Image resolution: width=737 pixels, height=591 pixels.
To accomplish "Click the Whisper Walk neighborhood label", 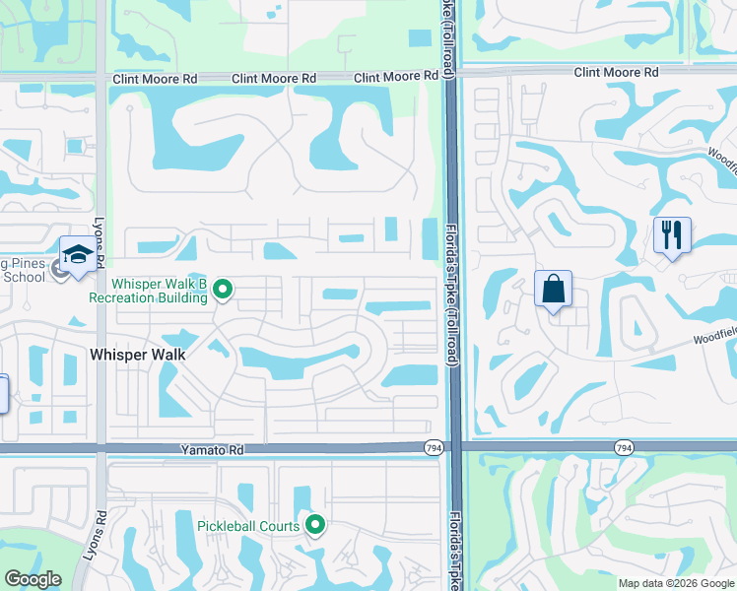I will click(x=138, y=353).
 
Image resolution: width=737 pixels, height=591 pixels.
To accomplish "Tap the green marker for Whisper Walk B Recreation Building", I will click(x=224, y=289).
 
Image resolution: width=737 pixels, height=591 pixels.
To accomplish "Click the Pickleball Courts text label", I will click(x=247, y=526).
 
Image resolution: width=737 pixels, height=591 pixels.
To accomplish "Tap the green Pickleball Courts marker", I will click(x=315, y=525).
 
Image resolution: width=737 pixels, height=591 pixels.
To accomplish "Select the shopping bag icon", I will click(x=554, y=290).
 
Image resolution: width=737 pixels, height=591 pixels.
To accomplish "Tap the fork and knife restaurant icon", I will click(x=672, y=235).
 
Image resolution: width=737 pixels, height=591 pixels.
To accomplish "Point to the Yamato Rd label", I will click(x=211, y=449).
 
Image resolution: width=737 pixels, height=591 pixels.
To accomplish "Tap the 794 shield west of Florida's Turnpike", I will click(x=433, y=448).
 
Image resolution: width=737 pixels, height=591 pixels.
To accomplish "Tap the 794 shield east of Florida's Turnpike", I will click(x=623, y=448).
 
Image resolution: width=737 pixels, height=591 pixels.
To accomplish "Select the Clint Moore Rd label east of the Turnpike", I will click(x=616, y=73).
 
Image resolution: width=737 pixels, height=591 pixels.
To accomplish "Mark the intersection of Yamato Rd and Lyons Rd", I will click(x=100, y=448).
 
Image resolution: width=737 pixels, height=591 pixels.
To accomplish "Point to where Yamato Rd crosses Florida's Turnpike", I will click(x=452, y=447).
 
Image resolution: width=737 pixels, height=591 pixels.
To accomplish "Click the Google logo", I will click(x=33, y=579).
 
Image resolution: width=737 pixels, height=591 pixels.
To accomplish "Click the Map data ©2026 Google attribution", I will click(x=675, y=583).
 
